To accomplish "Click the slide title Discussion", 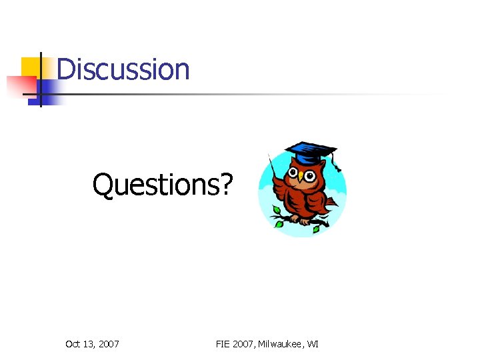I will tap(123, 69).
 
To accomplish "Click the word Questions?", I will tap(163, 185).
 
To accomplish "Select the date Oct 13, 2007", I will tap(92, 344).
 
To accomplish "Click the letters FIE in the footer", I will tap(224, 344).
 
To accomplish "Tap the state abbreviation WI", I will tap(312, 344).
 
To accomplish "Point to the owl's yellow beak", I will tap(300, 178).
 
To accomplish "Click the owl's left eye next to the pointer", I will tap(293, 173).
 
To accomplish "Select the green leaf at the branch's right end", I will tap(316, 229).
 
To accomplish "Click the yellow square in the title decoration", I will tap(31, 67).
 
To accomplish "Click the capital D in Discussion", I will tap(65, 69).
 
